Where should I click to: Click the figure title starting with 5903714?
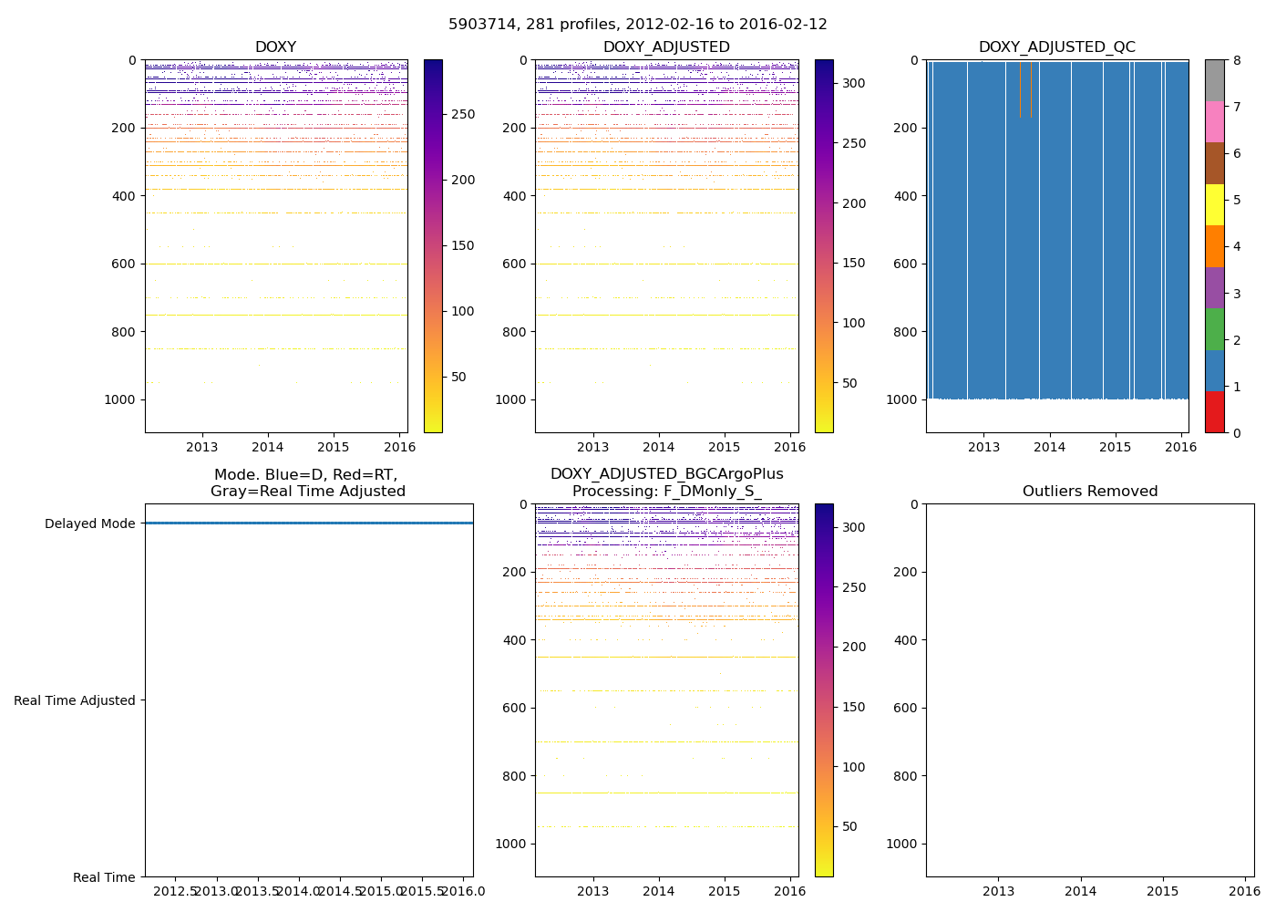pyautogui.click(x=638, y=25)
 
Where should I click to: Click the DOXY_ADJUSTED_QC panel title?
pyautogui.click(x=1056, y=47)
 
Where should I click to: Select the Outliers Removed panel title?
pyautogui.click(x=1089, y=492)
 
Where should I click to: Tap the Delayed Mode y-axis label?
pyautogui.click(x=89, y=523)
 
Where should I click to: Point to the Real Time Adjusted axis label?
pyautogui.click(x=75, y=700)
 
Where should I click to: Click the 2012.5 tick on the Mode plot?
pyautogui.click(x=175, y=890)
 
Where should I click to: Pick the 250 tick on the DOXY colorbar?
pyautogui.click(x=464, y=114)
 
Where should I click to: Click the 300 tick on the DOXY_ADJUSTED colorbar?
pyautogui.click(x=853, y=83)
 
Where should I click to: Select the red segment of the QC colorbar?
pyautogui.click(x=1214, y=411)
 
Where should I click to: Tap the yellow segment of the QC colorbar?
pyautogui.click(x=1214, y=204)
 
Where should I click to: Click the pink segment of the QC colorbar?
pyautogui.click(x=1214, y=121)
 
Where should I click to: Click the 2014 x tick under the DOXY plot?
pyautogui.click(x=268, y=447)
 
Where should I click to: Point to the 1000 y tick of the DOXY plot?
pyautogui.click(x=122, y=399)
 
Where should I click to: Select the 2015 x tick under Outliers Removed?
pyautogui.click(x=1163, y=891)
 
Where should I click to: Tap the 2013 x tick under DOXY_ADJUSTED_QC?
pyautogui.click(x=984, y=447)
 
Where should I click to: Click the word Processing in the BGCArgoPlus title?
pyautogui.click(x=609, y=492)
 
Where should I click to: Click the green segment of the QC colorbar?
pyautogui.click(x=1214, y=329)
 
